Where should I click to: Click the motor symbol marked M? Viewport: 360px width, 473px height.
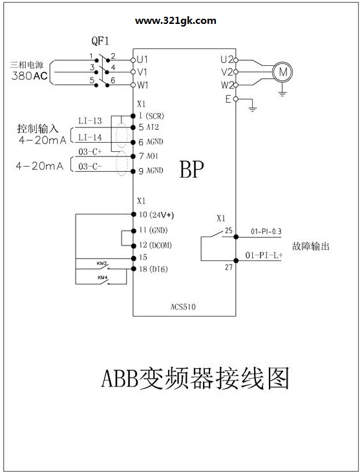point(282,72)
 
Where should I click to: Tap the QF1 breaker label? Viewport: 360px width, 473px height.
point(100,41)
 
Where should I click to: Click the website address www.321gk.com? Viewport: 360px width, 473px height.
point(176,21)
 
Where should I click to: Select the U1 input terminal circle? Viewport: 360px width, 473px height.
point(132,60)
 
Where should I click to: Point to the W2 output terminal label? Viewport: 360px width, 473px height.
point(228,85)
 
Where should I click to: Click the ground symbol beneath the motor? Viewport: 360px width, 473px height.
point(282,93)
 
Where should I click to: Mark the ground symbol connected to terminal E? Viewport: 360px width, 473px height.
point(252,109)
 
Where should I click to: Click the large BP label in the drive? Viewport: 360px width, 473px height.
point(191,169)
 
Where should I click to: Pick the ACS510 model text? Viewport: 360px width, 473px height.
point(183,307)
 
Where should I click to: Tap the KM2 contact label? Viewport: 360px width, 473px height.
point(101,264)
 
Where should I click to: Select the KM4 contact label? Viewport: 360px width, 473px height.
point(103,277)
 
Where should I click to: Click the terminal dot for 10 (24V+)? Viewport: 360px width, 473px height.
point(133,214)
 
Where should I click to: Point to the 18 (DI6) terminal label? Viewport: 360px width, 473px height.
point(153,269)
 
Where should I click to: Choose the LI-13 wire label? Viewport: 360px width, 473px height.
point(90,121)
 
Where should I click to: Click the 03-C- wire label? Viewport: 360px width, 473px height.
point(90,166)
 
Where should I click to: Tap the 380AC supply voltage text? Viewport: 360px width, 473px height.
point(30,76)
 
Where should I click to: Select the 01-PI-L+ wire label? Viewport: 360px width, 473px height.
point(264,255)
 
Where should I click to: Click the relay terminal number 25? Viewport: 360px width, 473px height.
point(228,231)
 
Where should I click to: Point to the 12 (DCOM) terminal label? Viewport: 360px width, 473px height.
point(155,245)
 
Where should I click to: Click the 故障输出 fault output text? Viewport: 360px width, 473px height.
point(310,246)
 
